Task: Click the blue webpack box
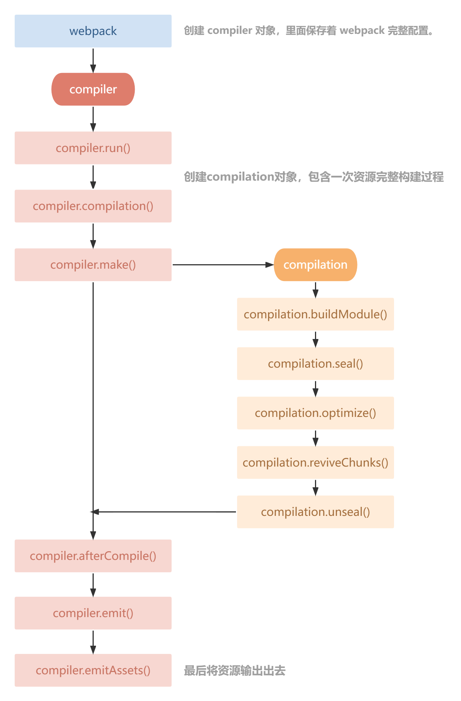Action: (93, 31)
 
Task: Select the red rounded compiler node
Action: (93, 89)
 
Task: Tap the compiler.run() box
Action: (93, 148)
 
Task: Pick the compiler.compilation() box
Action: (93, 206)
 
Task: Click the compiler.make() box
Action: (93, 265)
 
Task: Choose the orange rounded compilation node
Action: (315, 265)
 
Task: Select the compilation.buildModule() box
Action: (315, 314)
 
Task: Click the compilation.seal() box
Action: (315, 363)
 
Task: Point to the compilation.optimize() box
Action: (315, 413)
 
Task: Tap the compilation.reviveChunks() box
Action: (315, 462)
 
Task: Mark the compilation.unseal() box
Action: (315, 512)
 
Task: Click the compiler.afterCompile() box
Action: (93, 556)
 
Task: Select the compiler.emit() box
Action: (93, 613)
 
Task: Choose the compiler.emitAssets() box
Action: (93, 670)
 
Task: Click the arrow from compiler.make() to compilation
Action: (222, 265)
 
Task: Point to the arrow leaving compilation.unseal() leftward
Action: (166, 512)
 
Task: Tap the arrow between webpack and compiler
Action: (93, 60)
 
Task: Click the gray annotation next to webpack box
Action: (309, 30)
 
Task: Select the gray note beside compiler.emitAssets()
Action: (234, 671)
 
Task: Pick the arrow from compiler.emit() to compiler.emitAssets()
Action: (93, 642)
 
